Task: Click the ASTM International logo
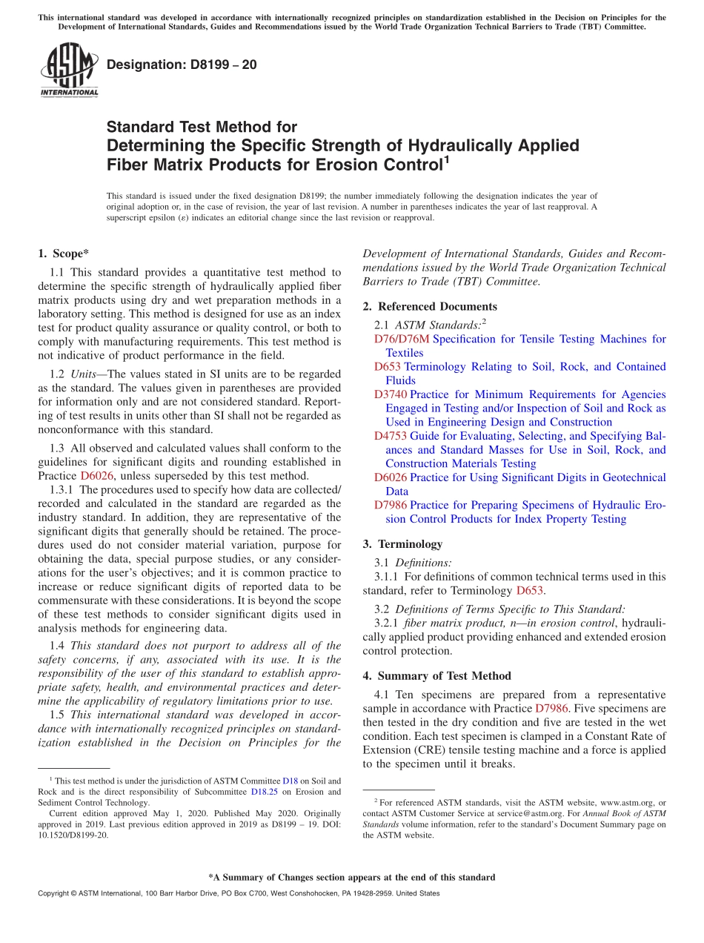click(x=68, y=70)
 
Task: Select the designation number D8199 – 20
click(x=182, y=64)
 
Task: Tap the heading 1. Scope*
click(x=64, y=254)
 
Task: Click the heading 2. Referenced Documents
click(x=430, y=306)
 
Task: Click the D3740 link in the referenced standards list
click(x=391, y=394)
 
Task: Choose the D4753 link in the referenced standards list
click(x=391, y=436)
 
